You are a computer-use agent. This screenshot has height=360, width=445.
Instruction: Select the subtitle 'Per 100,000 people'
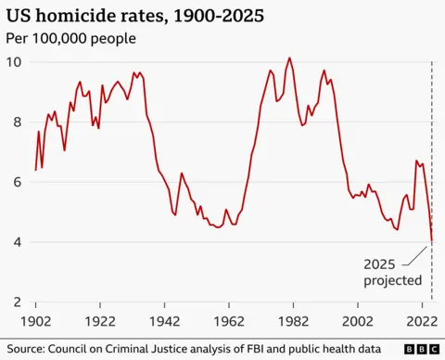[x=72, y=39]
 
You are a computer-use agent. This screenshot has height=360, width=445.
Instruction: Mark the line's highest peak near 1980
[x=289, y=58]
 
